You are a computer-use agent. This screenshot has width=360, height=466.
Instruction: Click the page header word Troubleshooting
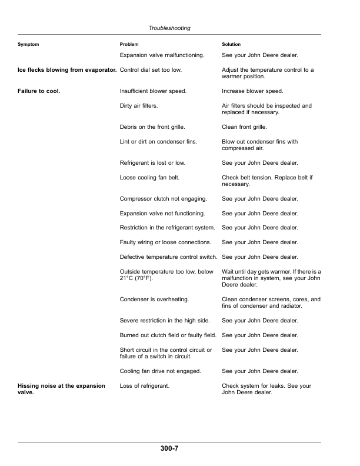169,28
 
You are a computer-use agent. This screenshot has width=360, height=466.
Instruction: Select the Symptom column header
28,45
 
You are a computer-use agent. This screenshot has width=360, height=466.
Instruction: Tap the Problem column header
129,45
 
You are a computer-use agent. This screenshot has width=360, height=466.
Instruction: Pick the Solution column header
231,45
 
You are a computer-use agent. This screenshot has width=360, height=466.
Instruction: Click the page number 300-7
169,449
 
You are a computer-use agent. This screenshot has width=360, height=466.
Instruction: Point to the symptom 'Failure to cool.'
39,91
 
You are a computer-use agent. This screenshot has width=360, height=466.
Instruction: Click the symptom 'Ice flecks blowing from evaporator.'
66,70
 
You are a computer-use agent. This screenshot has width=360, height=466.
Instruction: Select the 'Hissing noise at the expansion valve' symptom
62,389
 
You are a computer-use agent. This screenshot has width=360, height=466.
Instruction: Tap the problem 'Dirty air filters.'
138,106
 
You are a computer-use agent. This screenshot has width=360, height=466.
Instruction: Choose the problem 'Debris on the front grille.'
152,127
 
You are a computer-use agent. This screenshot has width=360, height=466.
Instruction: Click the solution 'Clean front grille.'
244,127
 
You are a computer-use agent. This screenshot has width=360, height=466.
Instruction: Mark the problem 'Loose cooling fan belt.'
149,177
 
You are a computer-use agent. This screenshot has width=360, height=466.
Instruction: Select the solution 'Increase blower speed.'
252,91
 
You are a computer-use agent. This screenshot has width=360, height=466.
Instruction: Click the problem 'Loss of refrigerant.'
144,386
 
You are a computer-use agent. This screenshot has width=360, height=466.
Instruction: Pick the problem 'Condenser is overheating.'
154,299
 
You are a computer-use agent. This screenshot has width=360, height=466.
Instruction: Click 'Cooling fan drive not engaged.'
160,371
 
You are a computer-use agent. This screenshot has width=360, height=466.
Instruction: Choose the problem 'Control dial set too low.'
151,70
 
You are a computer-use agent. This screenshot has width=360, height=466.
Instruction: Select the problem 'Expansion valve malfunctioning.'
162,55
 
